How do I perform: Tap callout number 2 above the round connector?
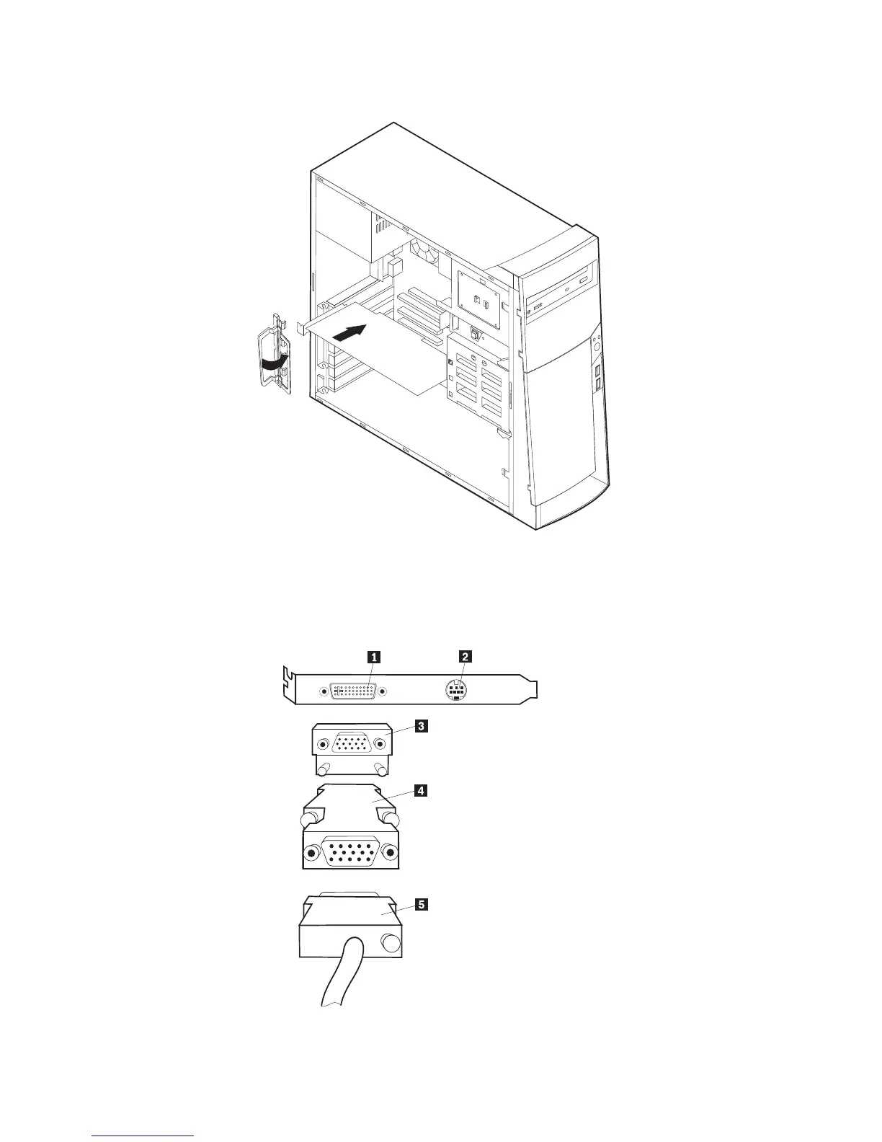point(465,656)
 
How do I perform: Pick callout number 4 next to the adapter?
point(421,791)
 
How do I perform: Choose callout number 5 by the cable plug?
point(421,905)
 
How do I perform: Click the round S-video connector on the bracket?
point(455,691)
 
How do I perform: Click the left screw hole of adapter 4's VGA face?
point(311,854)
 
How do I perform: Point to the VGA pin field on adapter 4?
point(351,853)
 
